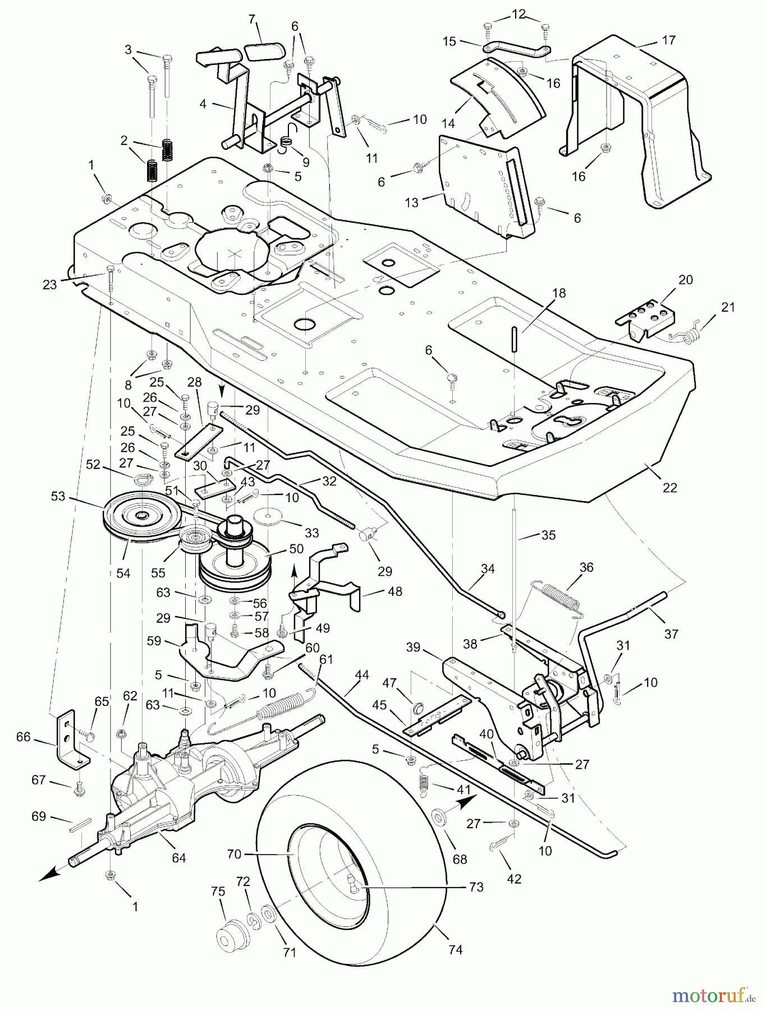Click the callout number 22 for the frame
coord(670,488)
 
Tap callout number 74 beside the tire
coord(456,949)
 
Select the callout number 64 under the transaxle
coord(179,858)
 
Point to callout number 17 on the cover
coord(669,40)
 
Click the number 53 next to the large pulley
coord(58,497)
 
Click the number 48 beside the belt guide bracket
coord(395,591)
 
